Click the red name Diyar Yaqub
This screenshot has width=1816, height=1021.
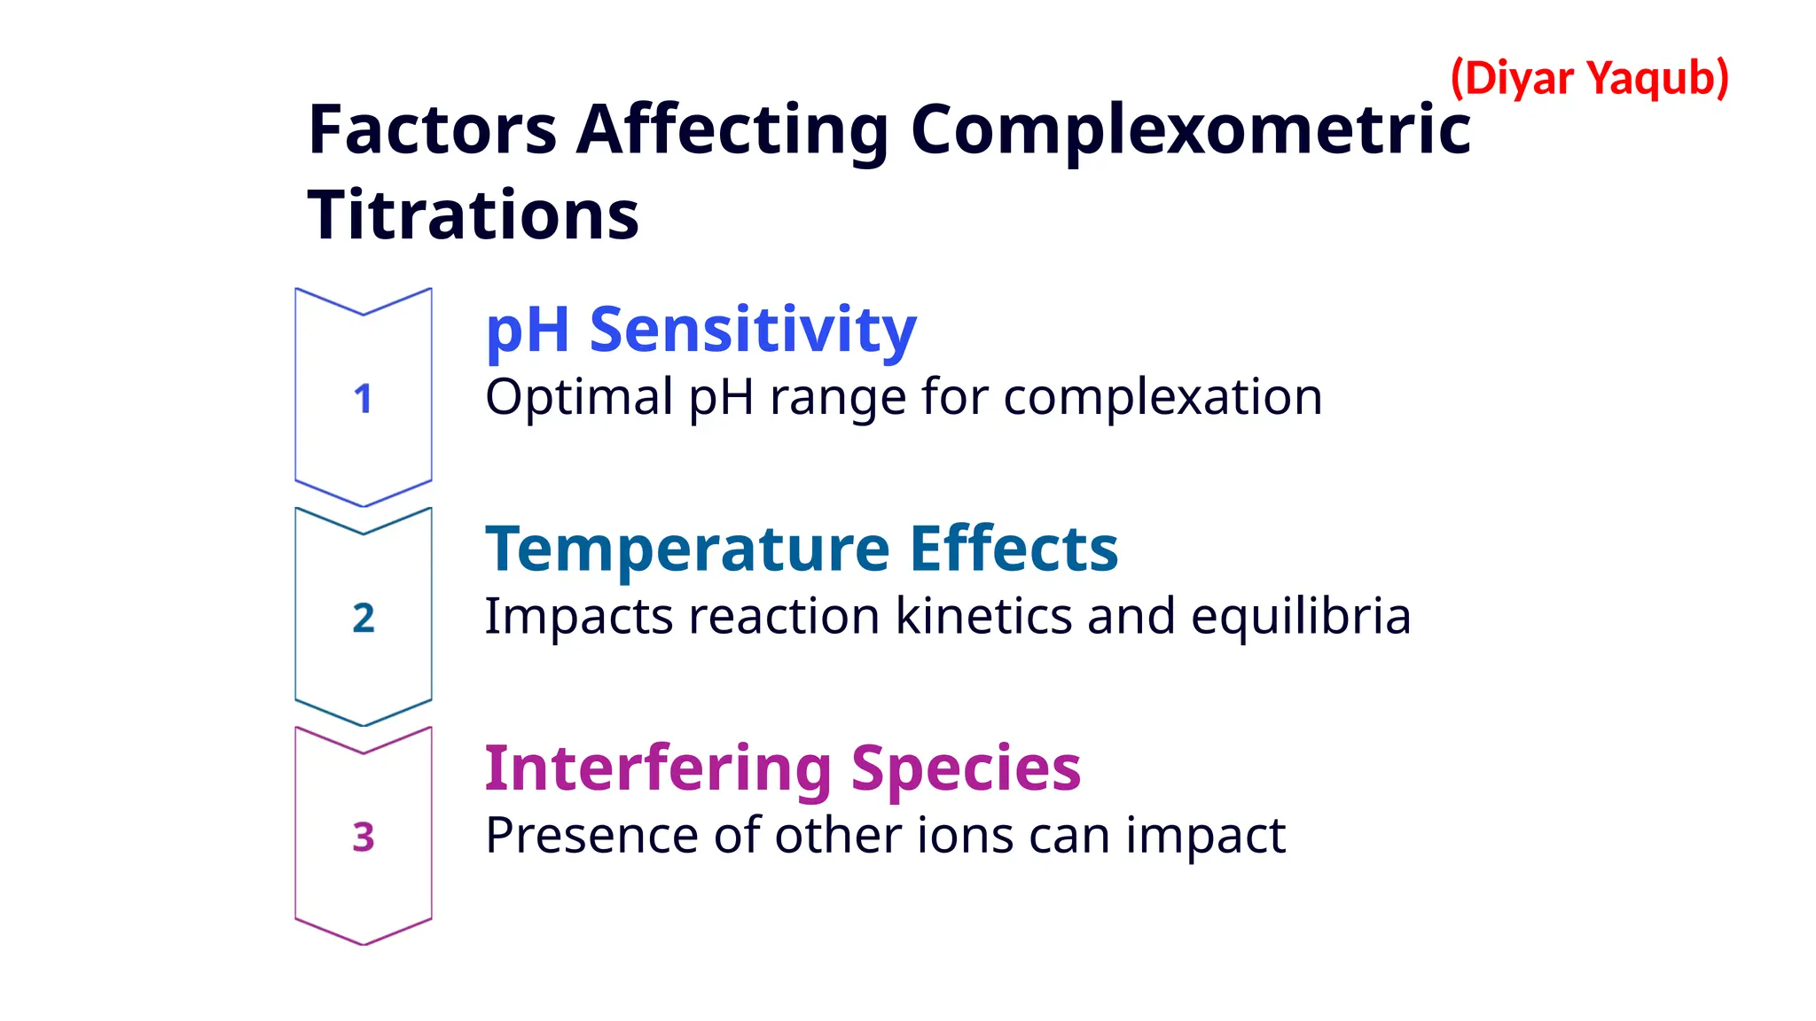click(x=1589, y=78)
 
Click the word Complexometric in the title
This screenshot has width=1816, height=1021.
click(x=1190, y=129)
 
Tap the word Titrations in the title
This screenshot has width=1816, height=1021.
click(x=473, y=215)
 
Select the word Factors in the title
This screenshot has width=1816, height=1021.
click(x=433, y=129)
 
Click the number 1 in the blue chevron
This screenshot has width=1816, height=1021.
click(x=363, y=399)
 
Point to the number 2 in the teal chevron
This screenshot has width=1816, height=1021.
click(x=364, y=618)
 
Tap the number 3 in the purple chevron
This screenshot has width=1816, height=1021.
click(x=364, y=837)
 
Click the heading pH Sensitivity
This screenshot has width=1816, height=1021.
click(x=701, y=330)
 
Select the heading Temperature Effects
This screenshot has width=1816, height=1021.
click(x=802, y=549)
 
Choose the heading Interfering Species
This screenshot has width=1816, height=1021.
click(x=782, y=768)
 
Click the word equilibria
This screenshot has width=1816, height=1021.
click(x=1300, y=617)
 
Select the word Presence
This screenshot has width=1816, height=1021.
click(x=591, y=835)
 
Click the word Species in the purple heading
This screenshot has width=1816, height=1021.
click(x=966, y=769)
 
